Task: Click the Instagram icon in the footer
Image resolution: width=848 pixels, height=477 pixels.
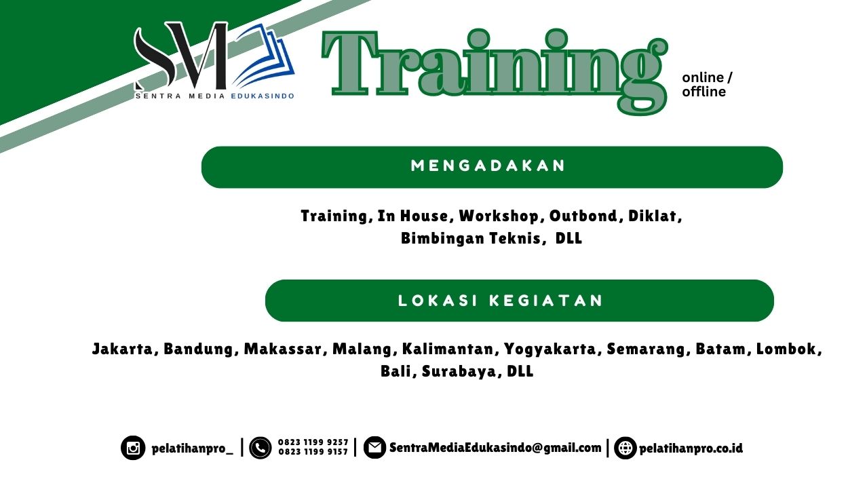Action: [134, 449]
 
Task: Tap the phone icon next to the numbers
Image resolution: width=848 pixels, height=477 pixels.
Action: [261, 448]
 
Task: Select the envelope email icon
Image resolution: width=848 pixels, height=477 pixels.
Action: [374, 448]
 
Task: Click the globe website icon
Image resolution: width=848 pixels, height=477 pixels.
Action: [625, 448]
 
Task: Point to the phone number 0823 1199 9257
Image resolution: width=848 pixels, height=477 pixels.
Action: [313, 442]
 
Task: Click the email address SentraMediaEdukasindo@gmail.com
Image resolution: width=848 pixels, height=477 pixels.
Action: [495, 448]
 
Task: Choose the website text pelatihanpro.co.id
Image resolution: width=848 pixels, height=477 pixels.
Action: [691, 449]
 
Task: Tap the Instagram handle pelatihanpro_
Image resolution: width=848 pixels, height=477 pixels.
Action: [192, 449]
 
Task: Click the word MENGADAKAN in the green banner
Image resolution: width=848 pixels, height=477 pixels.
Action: [488, 166]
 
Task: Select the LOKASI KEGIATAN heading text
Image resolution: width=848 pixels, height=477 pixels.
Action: [501, 301]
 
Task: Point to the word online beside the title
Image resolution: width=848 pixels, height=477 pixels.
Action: [703, 77]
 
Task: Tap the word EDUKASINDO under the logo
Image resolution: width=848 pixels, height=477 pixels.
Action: [263, 96]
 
